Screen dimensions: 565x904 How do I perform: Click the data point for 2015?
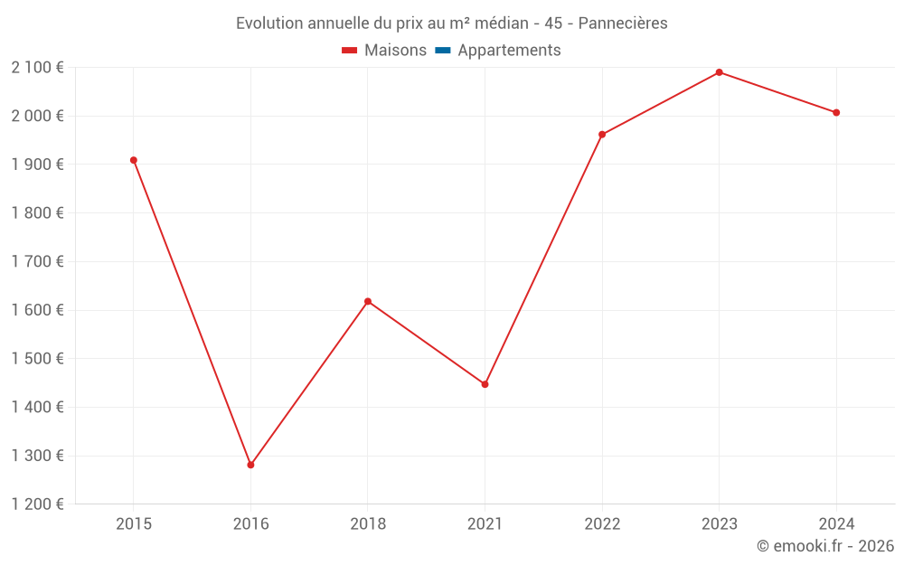pos(134,160)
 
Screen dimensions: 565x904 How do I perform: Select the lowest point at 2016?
pos(250,465)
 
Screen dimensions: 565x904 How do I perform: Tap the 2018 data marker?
pos(368,301)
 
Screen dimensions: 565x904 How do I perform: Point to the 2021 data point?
pos(485,384)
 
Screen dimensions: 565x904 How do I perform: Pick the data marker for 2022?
pos(602,135)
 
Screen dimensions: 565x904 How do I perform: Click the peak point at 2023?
pos(720,72)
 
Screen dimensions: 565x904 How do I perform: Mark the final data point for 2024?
pos(836,112)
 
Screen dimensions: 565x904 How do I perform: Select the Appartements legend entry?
pos(509,51)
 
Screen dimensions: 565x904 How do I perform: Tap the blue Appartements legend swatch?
pos(443,51)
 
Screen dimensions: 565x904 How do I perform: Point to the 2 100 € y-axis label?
pos(37,67)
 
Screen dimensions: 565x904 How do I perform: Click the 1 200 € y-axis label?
pos(37,504)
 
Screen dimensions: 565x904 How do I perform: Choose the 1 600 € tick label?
pos(37,310)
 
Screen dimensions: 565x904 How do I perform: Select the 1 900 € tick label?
pos(37,165)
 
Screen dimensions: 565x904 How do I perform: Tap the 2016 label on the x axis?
pos(250,523)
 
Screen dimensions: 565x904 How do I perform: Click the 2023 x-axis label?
pos(720,523)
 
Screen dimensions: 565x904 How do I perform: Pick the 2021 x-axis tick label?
pos(485,523)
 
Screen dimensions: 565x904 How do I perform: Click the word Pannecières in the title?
pos(623,24)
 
